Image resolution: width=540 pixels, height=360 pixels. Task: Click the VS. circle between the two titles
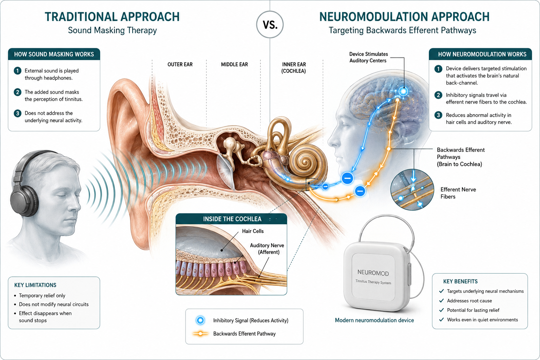click(270, 25)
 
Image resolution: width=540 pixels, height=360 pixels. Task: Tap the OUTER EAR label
click(180, 64)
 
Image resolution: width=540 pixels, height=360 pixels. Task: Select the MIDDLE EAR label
click(234, 64)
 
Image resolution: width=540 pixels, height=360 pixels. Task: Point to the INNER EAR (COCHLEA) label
click(294, 68)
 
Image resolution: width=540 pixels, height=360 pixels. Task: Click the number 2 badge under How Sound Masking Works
click(17, 92)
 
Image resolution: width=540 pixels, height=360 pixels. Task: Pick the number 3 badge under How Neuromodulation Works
click(438, 115)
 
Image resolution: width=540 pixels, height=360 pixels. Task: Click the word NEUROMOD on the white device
click(373, 273)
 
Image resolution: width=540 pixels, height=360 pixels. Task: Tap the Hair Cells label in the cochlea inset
click(253, 231)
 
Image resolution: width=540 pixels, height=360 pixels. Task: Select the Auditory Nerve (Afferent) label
click(267, 249)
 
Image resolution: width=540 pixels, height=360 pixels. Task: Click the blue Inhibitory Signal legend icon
click(200, 320)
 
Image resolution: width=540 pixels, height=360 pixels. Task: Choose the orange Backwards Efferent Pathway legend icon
click(200, 334)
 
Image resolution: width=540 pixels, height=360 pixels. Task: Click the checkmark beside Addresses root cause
click(442, 301)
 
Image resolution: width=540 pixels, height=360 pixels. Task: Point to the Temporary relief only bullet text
click(42, 295)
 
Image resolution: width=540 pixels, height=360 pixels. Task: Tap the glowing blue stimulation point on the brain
click(403, 91)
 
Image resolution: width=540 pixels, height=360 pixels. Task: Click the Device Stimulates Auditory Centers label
click(368, 57)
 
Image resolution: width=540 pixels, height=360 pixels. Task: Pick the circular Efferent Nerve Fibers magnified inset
click(412, 189)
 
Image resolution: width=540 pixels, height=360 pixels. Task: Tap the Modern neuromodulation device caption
click(374, 320)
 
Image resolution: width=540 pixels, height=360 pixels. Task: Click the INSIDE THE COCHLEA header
click(232, 219)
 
